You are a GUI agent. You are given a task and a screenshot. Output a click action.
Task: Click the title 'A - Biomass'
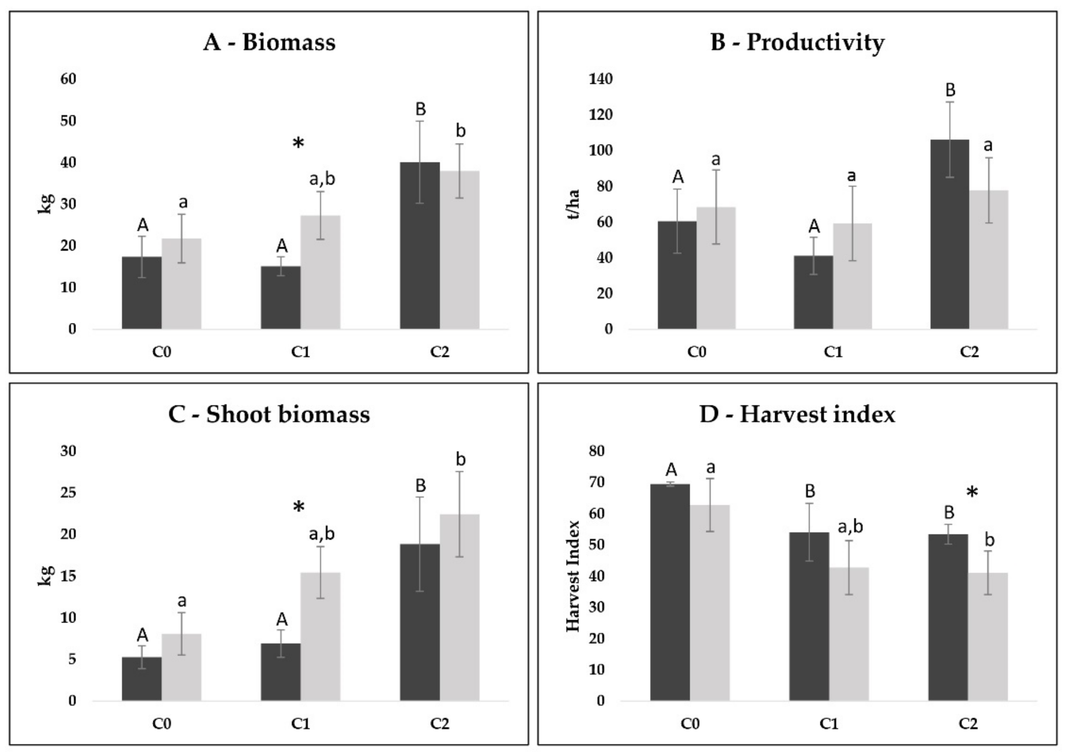(269, 42)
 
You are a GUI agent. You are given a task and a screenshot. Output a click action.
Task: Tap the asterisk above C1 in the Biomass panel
(298, 143)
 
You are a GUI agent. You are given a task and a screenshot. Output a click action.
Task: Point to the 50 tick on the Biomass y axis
(68, 121)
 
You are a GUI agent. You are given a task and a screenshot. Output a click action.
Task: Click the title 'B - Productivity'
(797, 42)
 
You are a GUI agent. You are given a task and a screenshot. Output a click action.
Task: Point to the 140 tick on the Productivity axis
(601, 79)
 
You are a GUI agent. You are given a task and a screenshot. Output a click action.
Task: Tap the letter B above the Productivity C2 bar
(950, 90)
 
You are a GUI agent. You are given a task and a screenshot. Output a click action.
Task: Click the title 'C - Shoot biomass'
(269, 414)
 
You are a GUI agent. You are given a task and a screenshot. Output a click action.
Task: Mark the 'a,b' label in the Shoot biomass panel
(322, 534)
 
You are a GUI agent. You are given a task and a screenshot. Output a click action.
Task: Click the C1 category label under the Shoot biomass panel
(300, 724)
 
